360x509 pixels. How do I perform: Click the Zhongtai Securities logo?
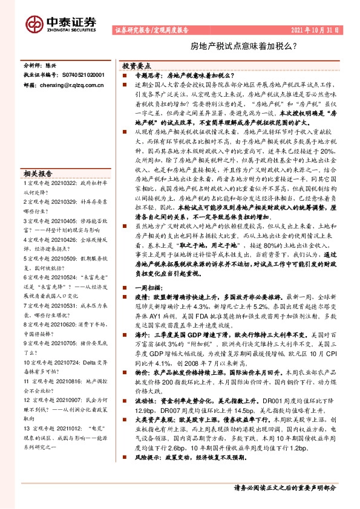tap(61, 23)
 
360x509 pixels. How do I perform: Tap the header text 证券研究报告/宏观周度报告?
tap(151, 30)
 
